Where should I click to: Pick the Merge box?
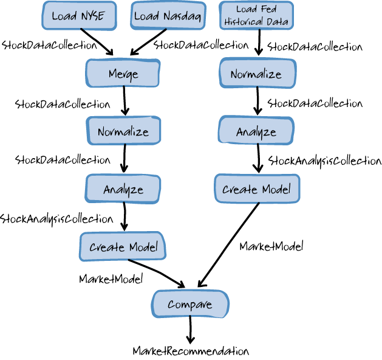(123, 74)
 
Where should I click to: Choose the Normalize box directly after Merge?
(123, 131)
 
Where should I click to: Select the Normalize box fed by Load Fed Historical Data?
(256, 74)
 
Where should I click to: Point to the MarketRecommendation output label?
(191, 351)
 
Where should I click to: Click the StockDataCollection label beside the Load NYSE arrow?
(50, 44)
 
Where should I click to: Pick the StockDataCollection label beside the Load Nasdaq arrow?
(201, 44)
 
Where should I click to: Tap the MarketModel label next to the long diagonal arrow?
(271, 246)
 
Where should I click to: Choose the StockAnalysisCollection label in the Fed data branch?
(325, 161)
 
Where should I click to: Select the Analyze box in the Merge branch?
(123, 189)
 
